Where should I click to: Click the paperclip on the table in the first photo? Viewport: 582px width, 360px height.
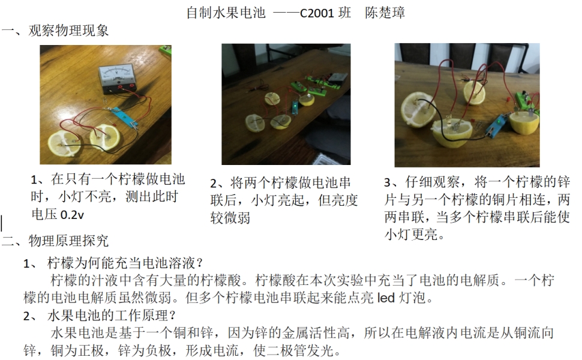click(x=105, y=100)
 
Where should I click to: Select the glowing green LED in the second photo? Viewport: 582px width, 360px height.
click(x=296, y=108)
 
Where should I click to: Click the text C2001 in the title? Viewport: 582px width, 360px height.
click(x=317, y=13)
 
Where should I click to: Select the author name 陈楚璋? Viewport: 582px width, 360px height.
click(x=385, y=13)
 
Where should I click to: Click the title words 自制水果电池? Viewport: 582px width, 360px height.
click(x=226, y=13)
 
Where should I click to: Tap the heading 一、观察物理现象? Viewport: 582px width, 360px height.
click(x=55, y=30)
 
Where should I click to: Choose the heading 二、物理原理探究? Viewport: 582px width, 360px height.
click(x=55, y=241)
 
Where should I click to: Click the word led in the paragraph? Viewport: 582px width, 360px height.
click(x=386, y=298)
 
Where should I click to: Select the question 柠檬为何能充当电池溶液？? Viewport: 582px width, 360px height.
click(x=125, y=263)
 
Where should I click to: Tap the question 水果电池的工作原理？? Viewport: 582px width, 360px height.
click(x=112, y=316)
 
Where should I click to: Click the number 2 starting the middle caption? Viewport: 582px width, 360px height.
click(x=214, y=184)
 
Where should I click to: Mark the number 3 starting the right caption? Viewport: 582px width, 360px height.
click(x=388, y=182)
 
